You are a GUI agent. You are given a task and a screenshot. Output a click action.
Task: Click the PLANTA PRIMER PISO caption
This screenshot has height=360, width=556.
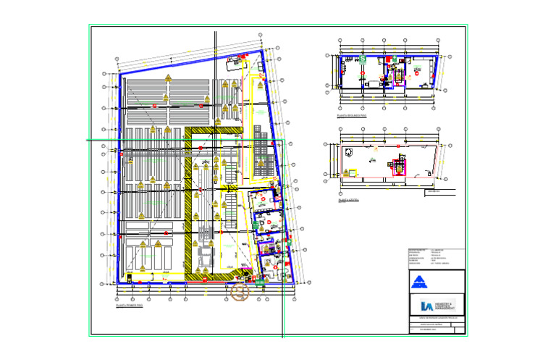pos(130,306)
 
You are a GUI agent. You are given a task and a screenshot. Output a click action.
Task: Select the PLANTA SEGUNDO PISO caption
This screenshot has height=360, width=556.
pos(351,115)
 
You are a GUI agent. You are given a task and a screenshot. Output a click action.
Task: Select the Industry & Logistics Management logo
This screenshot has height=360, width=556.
pos(434,305)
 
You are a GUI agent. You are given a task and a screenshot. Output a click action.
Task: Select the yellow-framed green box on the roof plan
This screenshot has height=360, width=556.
pos(353,172)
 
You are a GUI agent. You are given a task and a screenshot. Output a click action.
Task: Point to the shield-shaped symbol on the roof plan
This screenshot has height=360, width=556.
pos(349,152)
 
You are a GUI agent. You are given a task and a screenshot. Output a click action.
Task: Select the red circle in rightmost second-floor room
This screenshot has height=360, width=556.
pos(418,72)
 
